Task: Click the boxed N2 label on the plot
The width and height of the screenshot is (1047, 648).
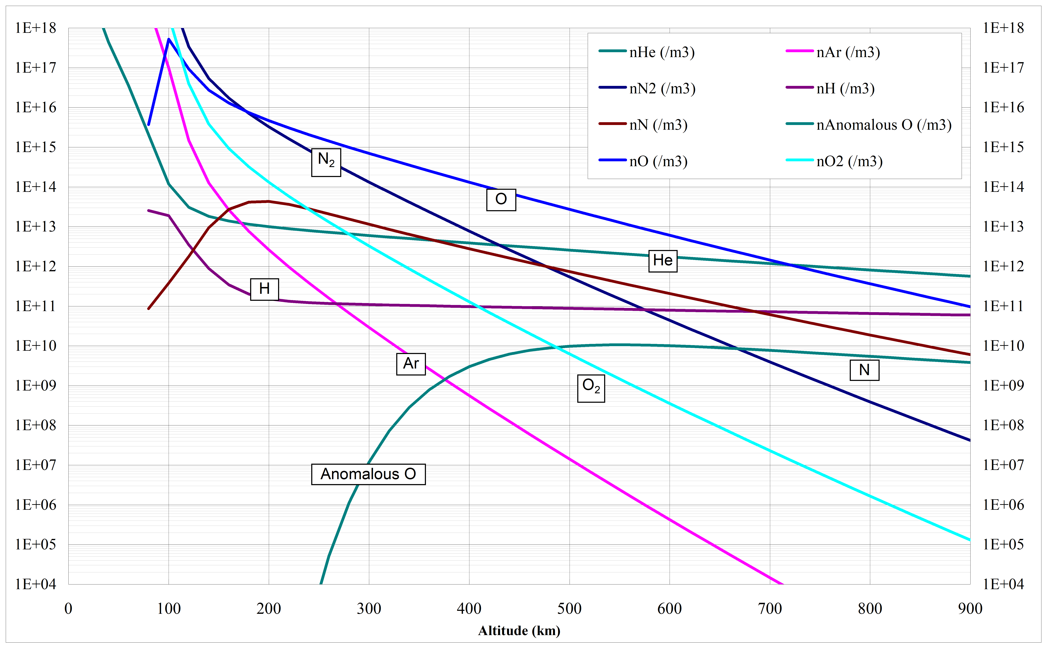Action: tap(326, 162)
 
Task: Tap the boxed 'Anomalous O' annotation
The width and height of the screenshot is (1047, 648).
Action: tap(368, 474)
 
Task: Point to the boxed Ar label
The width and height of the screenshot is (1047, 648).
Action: tap(411, 364)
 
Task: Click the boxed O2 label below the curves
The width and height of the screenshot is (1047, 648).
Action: tap(591, 388)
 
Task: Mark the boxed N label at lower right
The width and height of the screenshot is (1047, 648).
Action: tap(864, 370)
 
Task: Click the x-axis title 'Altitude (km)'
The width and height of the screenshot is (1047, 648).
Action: tap(519, 630)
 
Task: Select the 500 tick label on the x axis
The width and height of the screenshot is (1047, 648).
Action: tap(569, 609)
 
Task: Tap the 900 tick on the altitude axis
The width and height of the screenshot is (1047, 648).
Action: tap(970, 609)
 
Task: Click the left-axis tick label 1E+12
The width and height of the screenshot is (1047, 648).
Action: tap(36, 267)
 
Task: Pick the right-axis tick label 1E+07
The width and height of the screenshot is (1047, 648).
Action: tap(1003, 465)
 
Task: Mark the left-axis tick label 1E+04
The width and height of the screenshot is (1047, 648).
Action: tap(36, 584)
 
